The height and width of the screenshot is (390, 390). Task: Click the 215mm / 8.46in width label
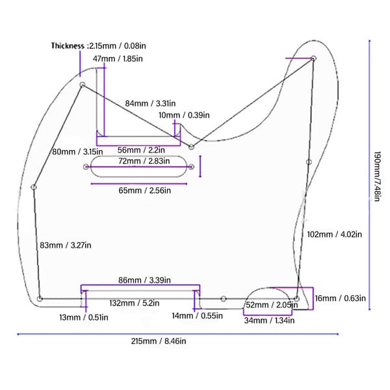coord(159,341)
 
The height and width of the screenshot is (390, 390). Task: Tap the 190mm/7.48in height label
coord(377,176)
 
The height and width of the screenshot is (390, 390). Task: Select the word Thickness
coord(68,45)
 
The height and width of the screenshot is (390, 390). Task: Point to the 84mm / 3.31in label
coord(150,103)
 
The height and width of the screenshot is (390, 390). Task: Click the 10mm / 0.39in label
coord(184,115)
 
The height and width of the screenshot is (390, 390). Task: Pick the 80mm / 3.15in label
coord(77,151)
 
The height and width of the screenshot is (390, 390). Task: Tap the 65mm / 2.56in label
coord(144,190)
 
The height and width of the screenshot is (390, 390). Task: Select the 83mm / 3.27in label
coord(66,245)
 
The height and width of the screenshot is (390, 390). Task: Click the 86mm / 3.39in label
coord(144,280)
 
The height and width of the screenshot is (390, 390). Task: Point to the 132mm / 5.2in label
coord(135,303)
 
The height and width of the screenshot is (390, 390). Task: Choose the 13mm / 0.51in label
coord(84,317)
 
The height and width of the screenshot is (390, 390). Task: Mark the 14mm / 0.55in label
coord(197,316)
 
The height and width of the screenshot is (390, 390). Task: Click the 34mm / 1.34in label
coord(269,320)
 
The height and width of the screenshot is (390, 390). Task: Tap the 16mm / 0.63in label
coord(340,298)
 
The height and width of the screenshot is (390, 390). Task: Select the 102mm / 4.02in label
coord(335,234)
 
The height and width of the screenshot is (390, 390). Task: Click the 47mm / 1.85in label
coord(118,58)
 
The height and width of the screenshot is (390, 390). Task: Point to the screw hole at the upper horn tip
coord(313,58)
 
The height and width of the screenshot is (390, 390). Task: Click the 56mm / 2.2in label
coord(141,150)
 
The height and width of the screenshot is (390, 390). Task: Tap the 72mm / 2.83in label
coord(144,161)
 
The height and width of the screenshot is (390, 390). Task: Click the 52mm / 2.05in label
coord(272,305)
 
